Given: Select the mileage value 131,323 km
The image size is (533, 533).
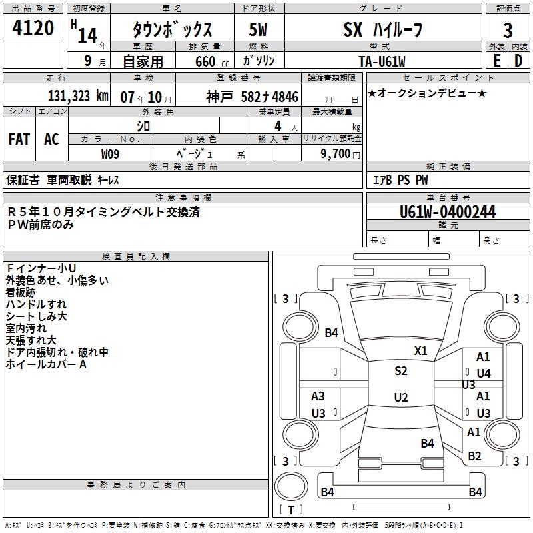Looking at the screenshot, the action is [x=78, y=96].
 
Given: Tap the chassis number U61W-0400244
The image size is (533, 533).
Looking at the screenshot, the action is [x=448, y=213].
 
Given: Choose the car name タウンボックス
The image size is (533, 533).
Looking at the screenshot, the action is [x=172, y=29].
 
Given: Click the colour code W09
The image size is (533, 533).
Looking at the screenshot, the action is [x=111, y=153].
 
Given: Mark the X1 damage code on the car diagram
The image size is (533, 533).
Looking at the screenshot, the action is [x=421, y=350].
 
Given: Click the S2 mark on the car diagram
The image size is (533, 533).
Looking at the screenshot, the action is [x=400, y=371].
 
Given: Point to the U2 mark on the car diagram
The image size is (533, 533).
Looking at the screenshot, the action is [x=400, y=398].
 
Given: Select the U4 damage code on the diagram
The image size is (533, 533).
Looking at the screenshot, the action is [x=483, y=373].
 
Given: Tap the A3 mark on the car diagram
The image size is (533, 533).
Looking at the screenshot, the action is [x=318, y=396].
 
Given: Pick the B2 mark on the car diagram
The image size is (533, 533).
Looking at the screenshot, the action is [x=474, y=456].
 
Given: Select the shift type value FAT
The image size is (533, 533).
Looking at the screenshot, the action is [x=19, y=139].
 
